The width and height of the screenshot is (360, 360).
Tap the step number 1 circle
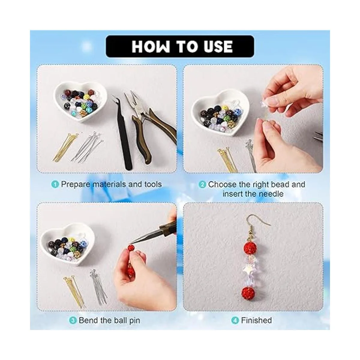[55, 184]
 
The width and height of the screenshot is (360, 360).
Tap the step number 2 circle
[202, 185]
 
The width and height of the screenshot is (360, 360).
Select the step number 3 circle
[73, 320]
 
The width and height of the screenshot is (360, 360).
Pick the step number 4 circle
[235, 320]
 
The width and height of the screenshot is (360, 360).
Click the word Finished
[256, 320]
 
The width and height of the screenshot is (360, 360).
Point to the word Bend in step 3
[88, 320]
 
